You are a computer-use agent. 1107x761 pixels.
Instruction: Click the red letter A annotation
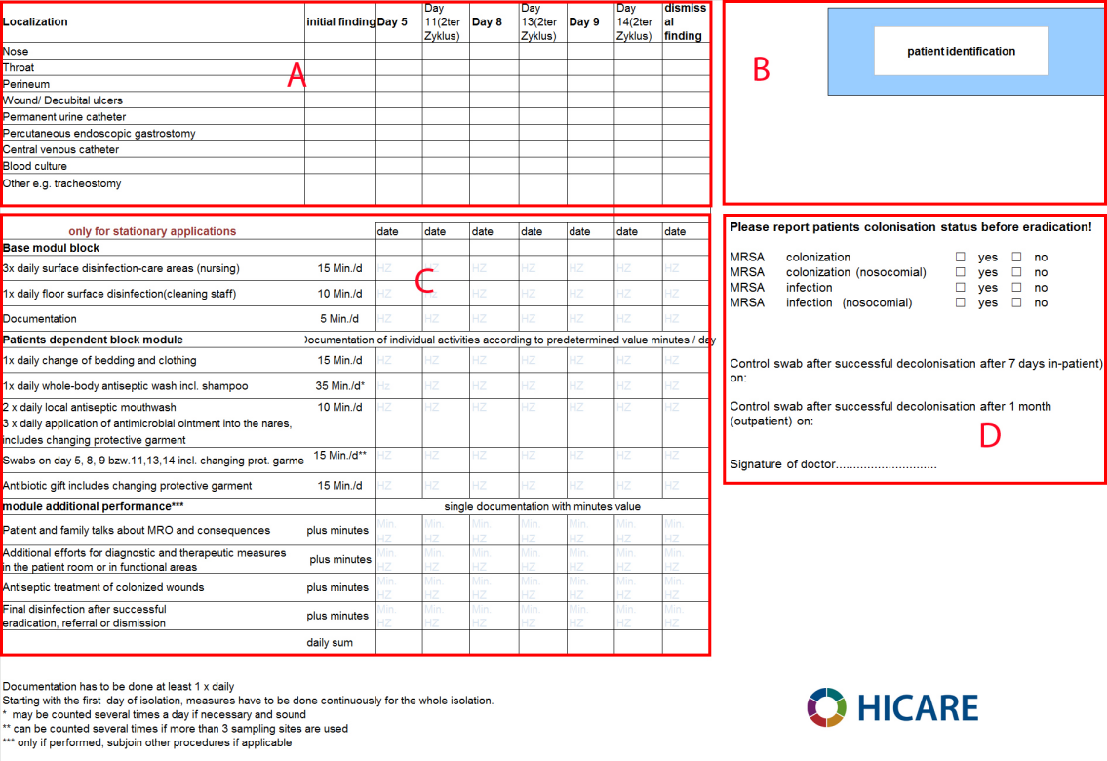tap(297, 75)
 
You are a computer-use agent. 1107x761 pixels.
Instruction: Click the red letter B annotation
tap(761, 69)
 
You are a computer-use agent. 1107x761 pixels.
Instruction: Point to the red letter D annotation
tap(989, 436)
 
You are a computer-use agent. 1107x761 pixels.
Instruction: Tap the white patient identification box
tap(961, 51)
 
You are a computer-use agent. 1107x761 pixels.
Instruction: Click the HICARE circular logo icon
tap(825, 706)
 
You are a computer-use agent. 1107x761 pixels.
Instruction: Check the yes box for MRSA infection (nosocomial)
tap(960, 303)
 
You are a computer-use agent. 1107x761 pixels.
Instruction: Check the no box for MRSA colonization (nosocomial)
tap(1016, 273)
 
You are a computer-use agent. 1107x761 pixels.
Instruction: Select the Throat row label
tap(19, 67)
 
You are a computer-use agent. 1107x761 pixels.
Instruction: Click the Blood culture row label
tap(35, 166)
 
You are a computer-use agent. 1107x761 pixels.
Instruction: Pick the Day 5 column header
tap(392, 21)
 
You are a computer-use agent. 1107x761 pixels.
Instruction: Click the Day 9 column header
tap(584, 21)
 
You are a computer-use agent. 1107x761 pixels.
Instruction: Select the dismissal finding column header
tap(685, 21)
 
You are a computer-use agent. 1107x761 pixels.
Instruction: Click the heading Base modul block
tap(52, 248)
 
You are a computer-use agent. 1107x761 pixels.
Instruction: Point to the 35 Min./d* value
tap(339, 386)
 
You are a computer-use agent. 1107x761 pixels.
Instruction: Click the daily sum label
tap(329, 643)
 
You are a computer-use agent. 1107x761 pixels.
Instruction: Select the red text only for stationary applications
tap(152, 231)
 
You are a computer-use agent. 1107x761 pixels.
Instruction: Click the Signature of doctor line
tap(833, 464)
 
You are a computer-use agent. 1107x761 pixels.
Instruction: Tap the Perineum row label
tap(26, 84)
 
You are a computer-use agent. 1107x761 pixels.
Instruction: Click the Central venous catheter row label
tap(60, 149)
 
